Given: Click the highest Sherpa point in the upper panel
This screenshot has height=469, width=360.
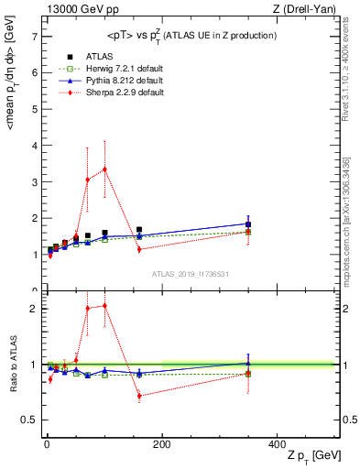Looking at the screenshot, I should [104, 169].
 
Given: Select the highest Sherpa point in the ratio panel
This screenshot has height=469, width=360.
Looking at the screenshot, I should [104, 305].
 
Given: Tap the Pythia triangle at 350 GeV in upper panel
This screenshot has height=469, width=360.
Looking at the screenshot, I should [248, 224].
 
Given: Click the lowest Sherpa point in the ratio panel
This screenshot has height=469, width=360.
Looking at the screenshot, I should [139, 397].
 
